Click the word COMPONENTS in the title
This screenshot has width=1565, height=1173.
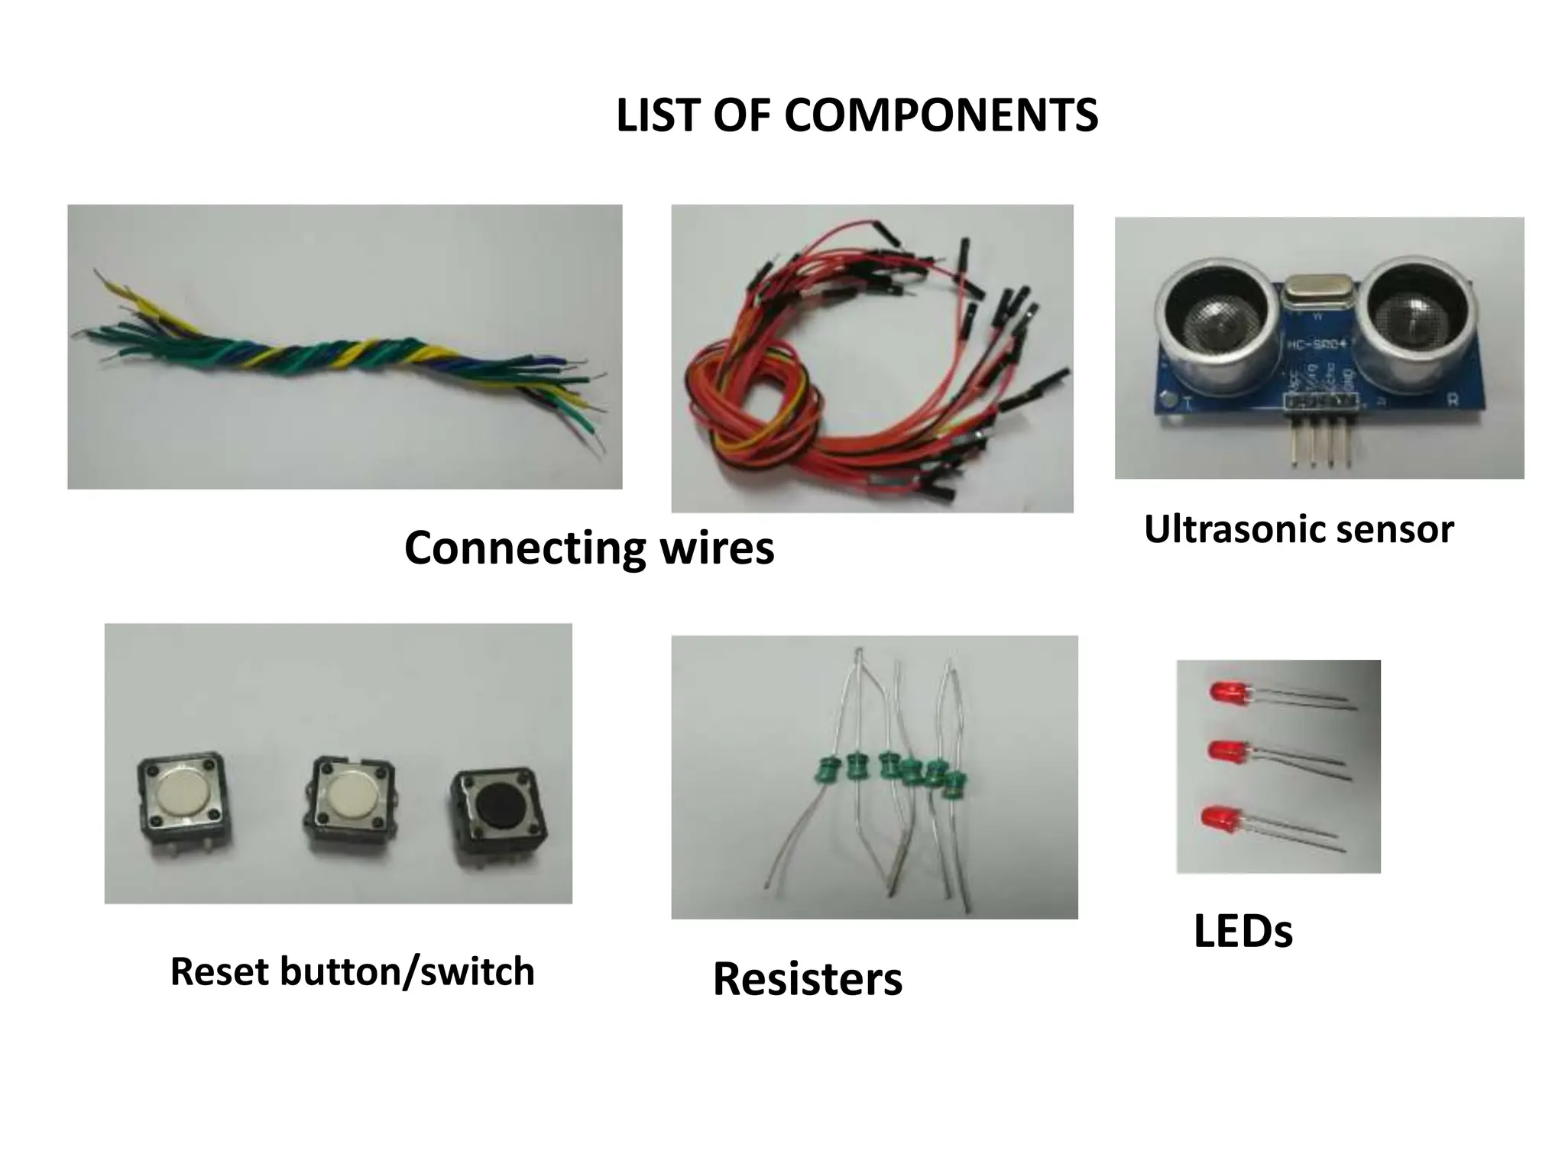(941, 116)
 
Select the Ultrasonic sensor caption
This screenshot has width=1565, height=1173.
(1298, 529)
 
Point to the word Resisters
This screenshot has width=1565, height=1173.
(807, 979)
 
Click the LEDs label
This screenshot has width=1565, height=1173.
(1243, 932)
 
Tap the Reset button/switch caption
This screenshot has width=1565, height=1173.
(352, 971)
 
